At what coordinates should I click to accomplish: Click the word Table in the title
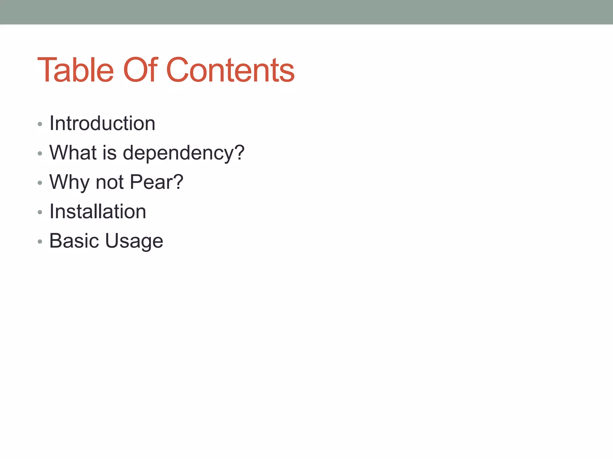tap(75, 70)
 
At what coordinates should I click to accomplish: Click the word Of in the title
tap(140, 70)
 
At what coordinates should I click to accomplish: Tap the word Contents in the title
tap(230, 70)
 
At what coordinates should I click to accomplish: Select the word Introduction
tap(102, 123)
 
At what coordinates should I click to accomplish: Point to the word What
tap(73, 153)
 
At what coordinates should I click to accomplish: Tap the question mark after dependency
tap(239, 152)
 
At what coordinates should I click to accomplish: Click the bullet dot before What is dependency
tap(40, 154)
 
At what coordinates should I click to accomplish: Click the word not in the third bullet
tap(110, 182)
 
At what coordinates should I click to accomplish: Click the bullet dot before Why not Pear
tap(40, 183)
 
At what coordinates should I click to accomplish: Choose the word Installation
tap(98, 212)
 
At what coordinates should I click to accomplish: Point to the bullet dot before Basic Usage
tap(40, 241)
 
